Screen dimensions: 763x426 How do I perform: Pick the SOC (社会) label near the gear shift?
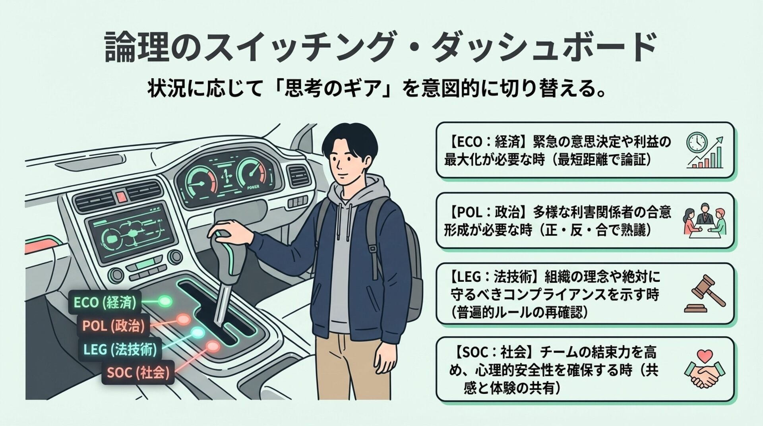(138, 373)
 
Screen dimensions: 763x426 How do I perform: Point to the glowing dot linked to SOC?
(213, 347)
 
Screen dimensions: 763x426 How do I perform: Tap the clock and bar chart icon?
(705, 150)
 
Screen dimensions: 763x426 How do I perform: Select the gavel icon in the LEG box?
(705, 294)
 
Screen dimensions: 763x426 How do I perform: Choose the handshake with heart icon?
(705, 368)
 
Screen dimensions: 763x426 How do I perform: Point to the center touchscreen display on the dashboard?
(132, 233)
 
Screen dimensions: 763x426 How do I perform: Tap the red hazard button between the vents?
(121, 196)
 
